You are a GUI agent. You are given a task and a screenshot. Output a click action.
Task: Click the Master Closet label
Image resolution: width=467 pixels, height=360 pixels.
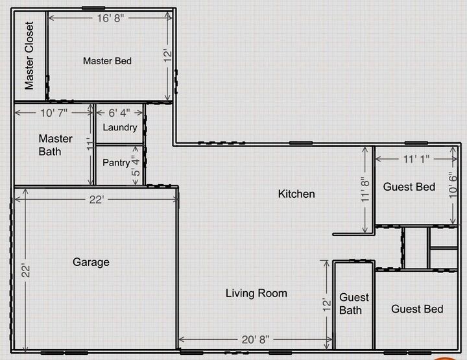[x=29, y=56]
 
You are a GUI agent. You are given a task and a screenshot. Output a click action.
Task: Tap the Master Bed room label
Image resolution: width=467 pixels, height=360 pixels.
[x=108, y=61]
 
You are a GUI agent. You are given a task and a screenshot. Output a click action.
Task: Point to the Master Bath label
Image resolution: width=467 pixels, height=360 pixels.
[x=50, y=145]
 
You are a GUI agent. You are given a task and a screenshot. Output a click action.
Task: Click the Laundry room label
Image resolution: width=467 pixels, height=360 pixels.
[x=120, y=127]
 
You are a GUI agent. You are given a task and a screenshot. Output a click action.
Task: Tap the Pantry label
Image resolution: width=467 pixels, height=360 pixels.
[x=116, y=163]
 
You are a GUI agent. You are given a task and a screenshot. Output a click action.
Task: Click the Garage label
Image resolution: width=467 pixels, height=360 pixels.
[x=91, y=262]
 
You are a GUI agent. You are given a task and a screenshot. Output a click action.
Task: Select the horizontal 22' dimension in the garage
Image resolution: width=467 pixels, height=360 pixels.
[x=96, y=200]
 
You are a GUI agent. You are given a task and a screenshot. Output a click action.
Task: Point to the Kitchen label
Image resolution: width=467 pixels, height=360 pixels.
[x=296, y=194]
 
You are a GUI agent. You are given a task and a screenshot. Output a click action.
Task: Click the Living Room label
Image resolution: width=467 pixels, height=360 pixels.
[x=256, y=293]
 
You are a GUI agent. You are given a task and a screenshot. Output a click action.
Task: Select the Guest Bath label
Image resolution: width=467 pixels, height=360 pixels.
[x=354, y=304]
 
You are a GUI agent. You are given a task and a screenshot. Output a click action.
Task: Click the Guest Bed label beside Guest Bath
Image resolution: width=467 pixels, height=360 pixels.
[x=417, y=309]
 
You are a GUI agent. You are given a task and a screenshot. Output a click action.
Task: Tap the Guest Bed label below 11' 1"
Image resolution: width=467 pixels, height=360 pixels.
[x=409, y=187]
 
